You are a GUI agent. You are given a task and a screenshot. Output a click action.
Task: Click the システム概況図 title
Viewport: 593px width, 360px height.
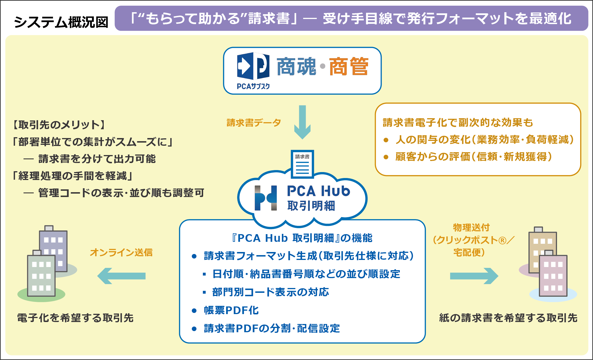[x=61, y=22]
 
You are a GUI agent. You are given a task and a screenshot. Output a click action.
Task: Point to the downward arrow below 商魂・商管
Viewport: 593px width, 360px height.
[x=302, y=122]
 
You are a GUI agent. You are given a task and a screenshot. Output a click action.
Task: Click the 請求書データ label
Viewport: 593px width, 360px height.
[x=254, y=123]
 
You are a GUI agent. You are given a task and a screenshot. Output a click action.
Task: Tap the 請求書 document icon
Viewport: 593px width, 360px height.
[x=302, y=164]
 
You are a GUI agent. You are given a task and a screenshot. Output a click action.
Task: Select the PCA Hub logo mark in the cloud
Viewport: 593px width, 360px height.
[x=265, y=198]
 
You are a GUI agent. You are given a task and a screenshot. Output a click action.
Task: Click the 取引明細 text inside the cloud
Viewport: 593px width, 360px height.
[x=311, y=206]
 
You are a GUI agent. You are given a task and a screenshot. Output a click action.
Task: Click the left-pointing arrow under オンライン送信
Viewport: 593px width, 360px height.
[x=121, y=276]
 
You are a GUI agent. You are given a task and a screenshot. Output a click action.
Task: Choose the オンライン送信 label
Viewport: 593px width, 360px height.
[x=121, y=252]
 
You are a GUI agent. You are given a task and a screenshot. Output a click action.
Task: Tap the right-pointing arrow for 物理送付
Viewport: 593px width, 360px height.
[x=474, y=276]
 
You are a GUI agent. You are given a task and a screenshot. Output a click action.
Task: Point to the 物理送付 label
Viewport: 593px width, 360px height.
[x=471, y=228]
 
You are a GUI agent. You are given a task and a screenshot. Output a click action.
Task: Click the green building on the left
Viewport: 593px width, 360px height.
[x=41, y=274]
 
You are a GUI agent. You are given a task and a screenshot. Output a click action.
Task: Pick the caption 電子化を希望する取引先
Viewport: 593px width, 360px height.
[x=75, y=318]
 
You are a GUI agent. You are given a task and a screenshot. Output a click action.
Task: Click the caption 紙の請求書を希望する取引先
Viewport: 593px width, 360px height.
[x=508, y=318]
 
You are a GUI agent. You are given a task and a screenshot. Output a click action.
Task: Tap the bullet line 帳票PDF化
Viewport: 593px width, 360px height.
[x=231, y=310]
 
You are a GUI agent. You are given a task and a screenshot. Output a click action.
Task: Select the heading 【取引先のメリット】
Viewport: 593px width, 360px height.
[x=59, y=125]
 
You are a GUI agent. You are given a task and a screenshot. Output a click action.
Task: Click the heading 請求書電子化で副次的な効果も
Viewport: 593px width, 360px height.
[x=458, y=123]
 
